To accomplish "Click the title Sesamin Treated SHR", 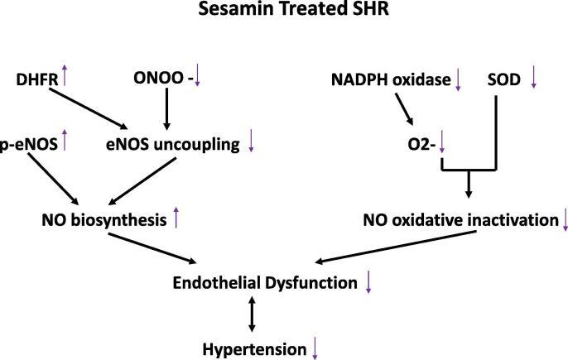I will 284,15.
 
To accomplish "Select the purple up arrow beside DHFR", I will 64,79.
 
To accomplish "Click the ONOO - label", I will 161,80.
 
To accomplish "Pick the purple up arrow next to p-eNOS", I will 63,142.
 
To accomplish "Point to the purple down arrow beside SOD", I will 534,79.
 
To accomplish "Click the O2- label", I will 420,144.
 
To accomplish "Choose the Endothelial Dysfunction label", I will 265,283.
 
